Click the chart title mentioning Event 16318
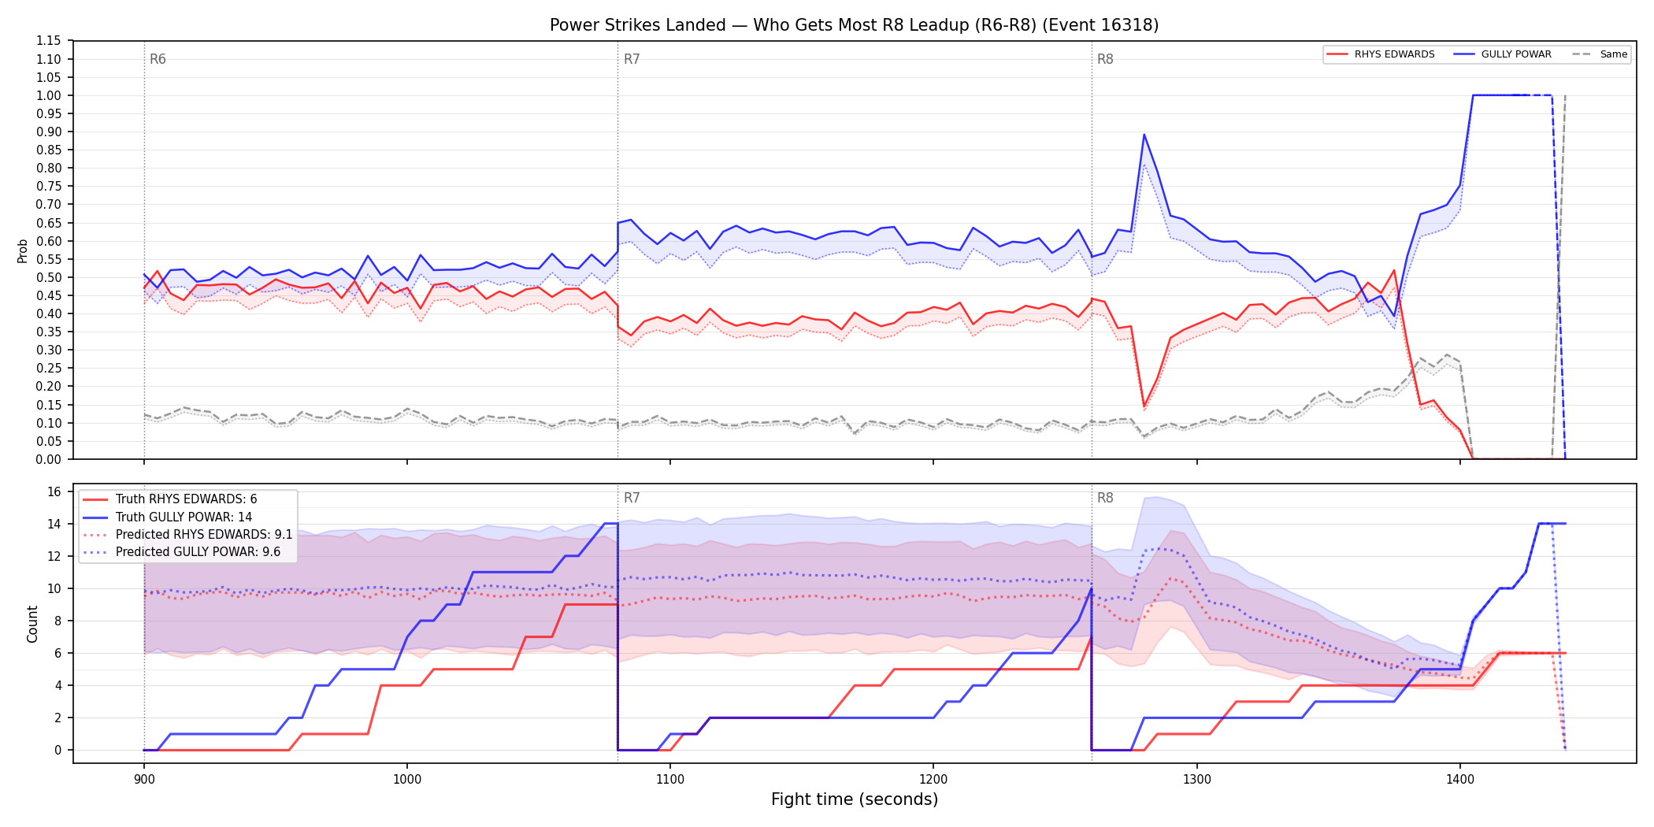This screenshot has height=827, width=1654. (854, 25)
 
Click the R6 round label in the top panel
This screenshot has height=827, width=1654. (158, 59)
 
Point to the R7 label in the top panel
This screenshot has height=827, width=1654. (632, 59)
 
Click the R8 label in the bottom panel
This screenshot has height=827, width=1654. (1105, 498)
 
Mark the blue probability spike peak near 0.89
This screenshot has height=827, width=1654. (1144, 135)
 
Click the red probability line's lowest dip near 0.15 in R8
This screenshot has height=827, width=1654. (1144, 406)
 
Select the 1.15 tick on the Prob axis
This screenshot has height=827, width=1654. (49, 41)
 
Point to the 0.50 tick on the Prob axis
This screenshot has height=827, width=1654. (49, 277)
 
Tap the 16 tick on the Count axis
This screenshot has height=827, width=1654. (54, 491)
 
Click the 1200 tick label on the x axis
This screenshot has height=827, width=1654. (933, 780)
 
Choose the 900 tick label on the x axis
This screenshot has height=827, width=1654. (143, 780)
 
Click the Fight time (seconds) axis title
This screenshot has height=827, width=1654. (855, 799)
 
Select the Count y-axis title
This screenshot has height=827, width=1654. (32, 624)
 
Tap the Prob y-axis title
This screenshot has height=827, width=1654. (23, 250)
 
